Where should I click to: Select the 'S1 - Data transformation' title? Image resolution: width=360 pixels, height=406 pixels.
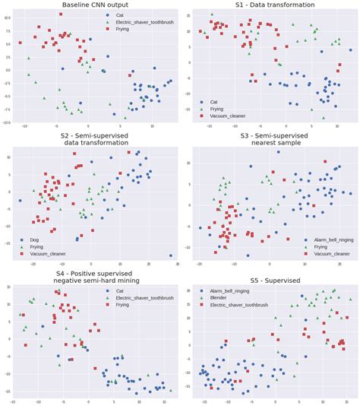pos(270,6)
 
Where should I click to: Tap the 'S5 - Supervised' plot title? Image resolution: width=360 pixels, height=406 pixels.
pos(270,281)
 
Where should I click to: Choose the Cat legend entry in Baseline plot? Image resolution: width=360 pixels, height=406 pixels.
pos(122,15)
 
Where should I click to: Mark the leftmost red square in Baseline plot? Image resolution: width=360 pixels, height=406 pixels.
pos(20,43)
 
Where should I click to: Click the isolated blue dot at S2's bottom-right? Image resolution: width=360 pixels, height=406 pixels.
pos(170,255)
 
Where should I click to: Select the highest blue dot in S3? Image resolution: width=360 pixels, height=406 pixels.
pos(250,167)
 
